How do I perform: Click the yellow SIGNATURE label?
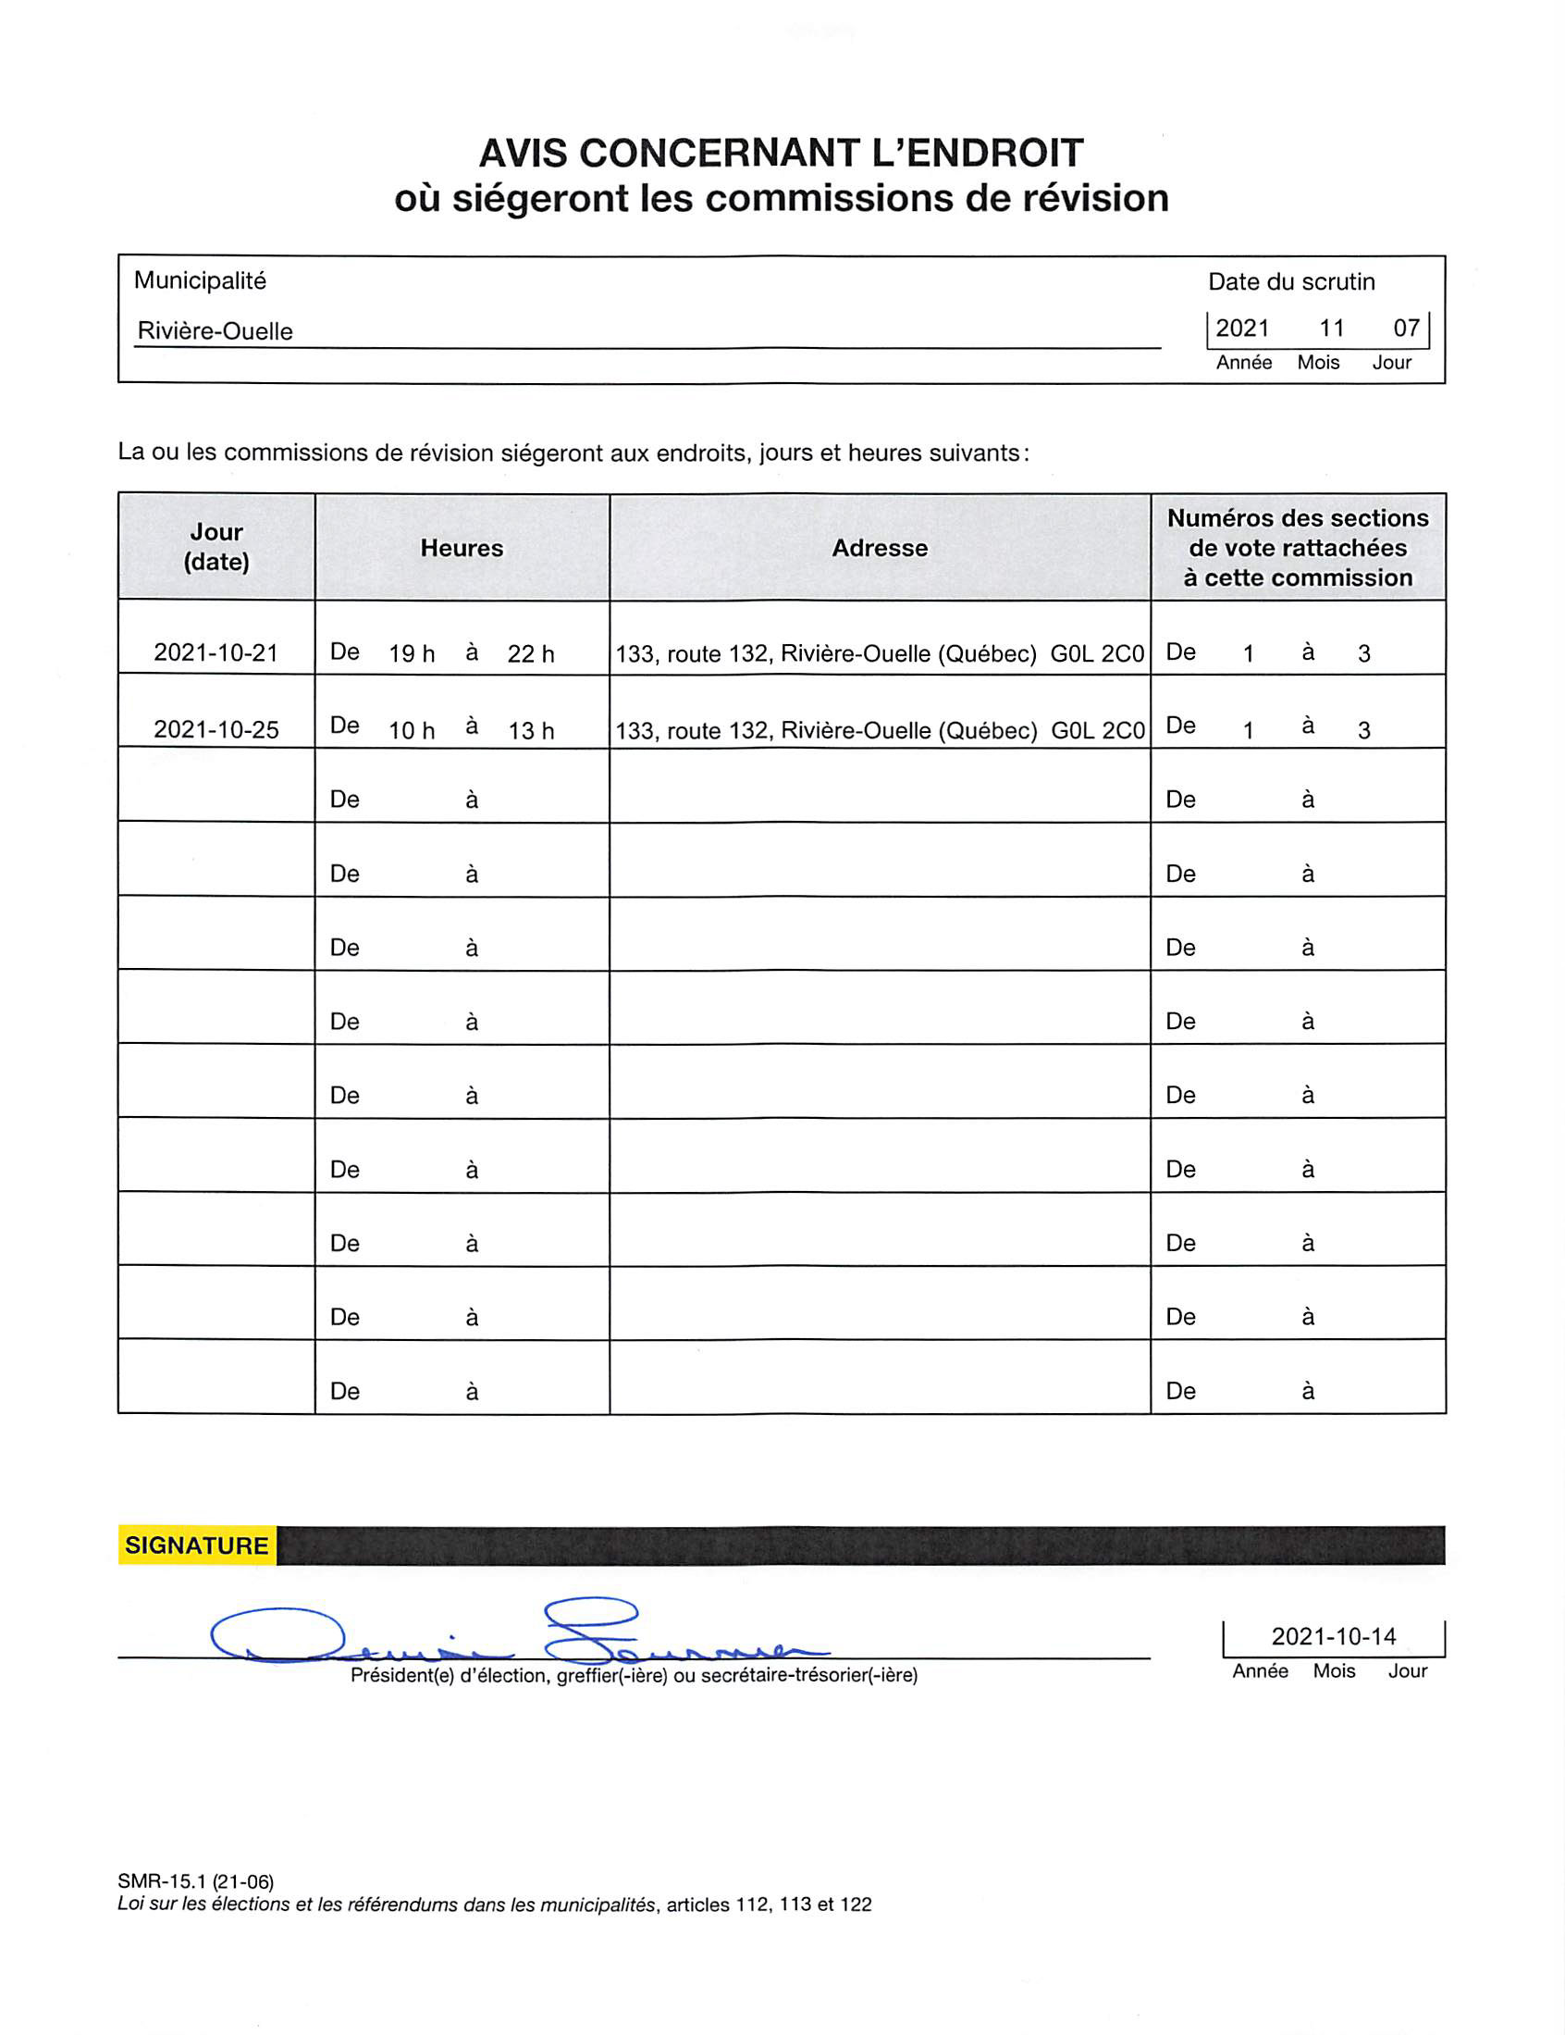[197, 1545]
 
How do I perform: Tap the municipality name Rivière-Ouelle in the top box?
[216, 331]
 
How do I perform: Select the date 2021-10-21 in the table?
[216, 653]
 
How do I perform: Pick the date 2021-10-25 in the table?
[216, 729]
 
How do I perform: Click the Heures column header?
[462, 548]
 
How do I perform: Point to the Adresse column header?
[880, 548]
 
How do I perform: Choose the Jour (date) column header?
[216, 547]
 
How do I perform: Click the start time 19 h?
[412, 654]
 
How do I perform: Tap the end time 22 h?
[531, 654]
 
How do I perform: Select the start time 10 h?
[412, 730]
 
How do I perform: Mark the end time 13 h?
[531, 730]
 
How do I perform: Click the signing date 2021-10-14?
[1334, 1636]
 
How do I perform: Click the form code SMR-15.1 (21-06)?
[196, 1881]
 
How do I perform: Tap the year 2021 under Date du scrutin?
[1242, 328]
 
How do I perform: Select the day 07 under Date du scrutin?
[1406, 328]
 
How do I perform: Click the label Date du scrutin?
[1291, 282]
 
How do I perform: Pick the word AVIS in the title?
[523, 153]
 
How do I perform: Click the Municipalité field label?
[201, 280]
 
